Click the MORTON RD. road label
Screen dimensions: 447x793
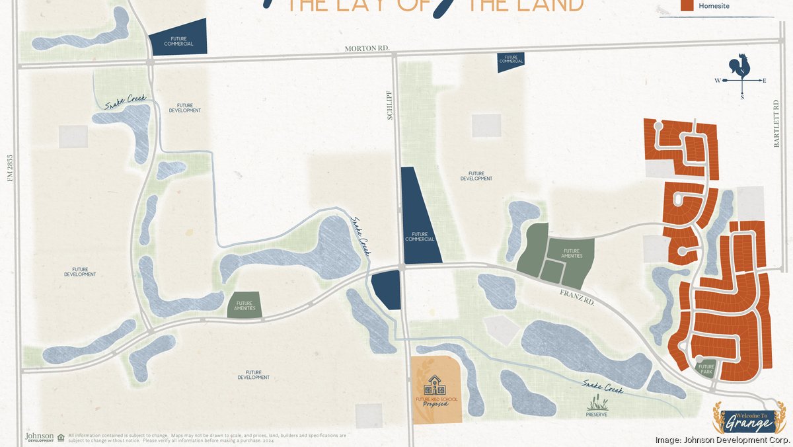click(x=368, y=48)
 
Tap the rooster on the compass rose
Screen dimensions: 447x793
click(x=739, y=66)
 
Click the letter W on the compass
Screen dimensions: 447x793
click(x=718, y=81)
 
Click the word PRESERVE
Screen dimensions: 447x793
click(x=596, y=415)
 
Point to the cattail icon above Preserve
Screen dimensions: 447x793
click(x=596, y=401)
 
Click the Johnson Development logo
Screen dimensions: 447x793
click(x=39, y=437)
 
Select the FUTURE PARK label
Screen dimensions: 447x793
click(x=706, y=369)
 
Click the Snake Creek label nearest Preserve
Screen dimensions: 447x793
click(x=602, y=386)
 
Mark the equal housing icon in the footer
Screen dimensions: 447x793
click(x=61, y=437)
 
